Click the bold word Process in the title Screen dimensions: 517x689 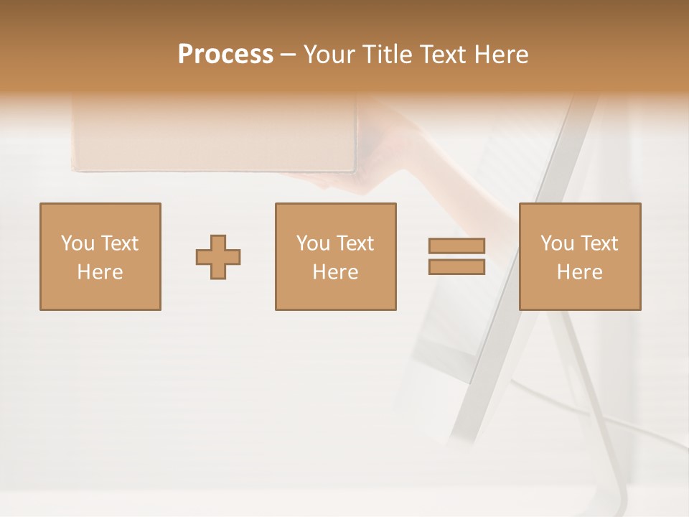225,55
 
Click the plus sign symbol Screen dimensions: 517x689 218,256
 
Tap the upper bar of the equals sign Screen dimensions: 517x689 456,246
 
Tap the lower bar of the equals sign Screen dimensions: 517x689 456,266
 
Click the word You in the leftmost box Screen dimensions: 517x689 76,243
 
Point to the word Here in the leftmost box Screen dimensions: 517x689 100,272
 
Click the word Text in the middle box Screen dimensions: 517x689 355,243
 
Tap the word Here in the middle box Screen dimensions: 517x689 335,272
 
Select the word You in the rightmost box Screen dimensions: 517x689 556,243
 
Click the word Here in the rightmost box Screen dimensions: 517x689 579,272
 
